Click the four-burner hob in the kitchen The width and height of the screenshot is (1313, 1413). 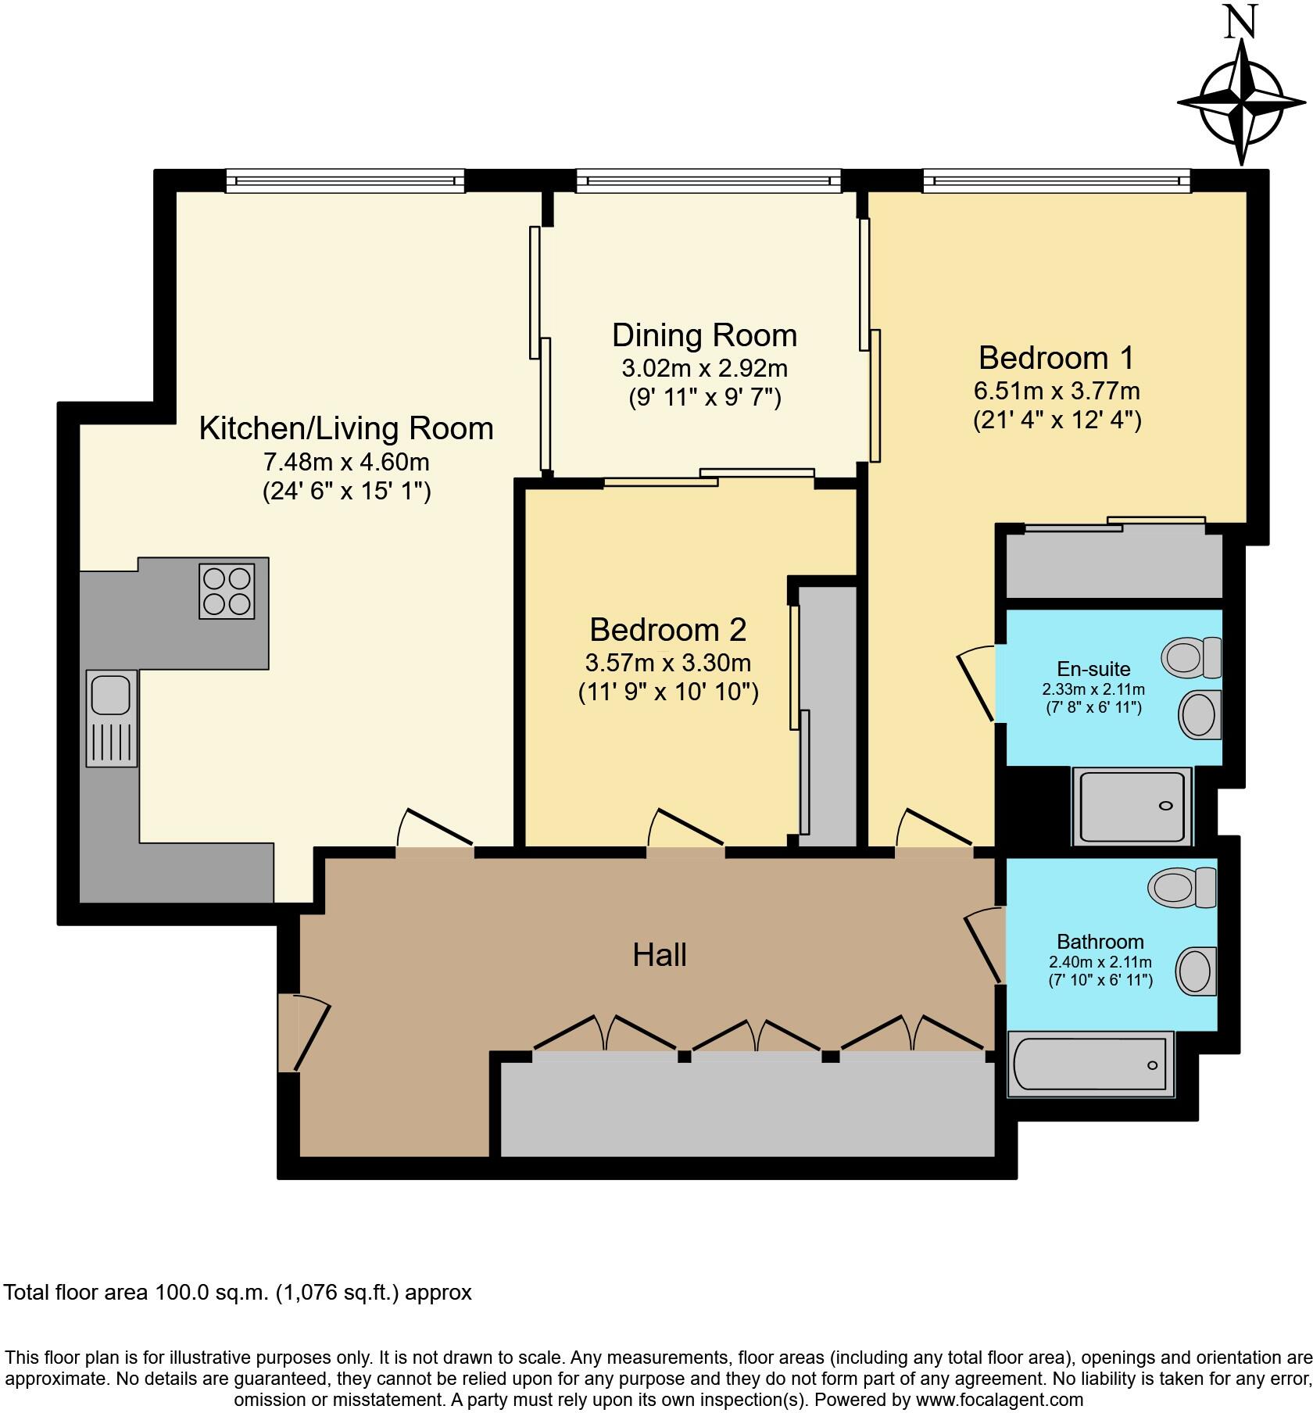tap(227, 592)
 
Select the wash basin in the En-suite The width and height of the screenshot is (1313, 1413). tap(1199, 714)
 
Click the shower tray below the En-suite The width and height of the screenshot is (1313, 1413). tap(1132, 806)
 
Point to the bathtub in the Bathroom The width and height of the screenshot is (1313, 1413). tap(1091, 1064)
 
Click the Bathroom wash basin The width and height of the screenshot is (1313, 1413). tap(1197, 971)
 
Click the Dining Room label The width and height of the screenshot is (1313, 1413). tap(704, 335)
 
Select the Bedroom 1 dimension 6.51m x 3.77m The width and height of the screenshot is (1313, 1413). tap(1056, 390)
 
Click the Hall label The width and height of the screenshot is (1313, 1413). tap(659, 955)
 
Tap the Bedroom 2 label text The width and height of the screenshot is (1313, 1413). tap(667, 630)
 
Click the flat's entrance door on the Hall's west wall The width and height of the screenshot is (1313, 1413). tap(303, 1032)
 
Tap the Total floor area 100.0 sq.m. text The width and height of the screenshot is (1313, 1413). tap(238, 1293)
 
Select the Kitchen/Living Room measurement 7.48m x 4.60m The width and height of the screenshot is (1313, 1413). tap(346, 462)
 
